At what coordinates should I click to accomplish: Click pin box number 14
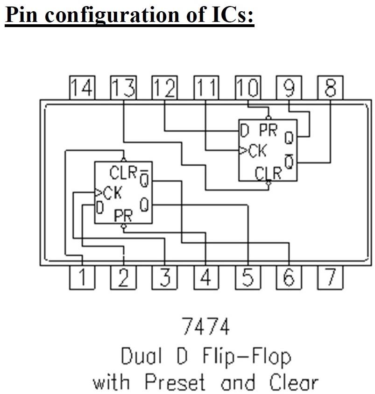(x=82, y=88)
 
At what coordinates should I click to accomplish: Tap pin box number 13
(x=123, y=88)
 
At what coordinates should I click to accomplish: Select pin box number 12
(x=164, y=88)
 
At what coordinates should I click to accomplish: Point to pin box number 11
(x=206, y=88)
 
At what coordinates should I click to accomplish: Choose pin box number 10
(x=248, y=88)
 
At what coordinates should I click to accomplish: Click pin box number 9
(x=289, y=88)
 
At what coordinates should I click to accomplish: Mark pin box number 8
(x=330, y=88)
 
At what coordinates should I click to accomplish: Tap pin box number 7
(x=330, y=278)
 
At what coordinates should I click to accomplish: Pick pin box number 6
(x=289, y=278)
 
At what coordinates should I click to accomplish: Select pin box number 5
(x=248, y=278)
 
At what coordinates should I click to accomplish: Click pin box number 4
(x=206, y=278)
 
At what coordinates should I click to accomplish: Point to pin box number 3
(x=164, y=278)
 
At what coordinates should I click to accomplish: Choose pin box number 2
(x=123, y=278)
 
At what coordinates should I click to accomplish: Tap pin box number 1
(x=82, y=278)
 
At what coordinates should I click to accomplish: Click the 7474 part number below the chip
(x=205, y=328)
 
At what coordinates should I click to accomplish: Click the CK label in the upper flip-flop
(x=257, y=151)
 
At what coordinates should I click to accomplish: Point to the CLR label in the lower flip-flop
(x=123, y=173)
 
